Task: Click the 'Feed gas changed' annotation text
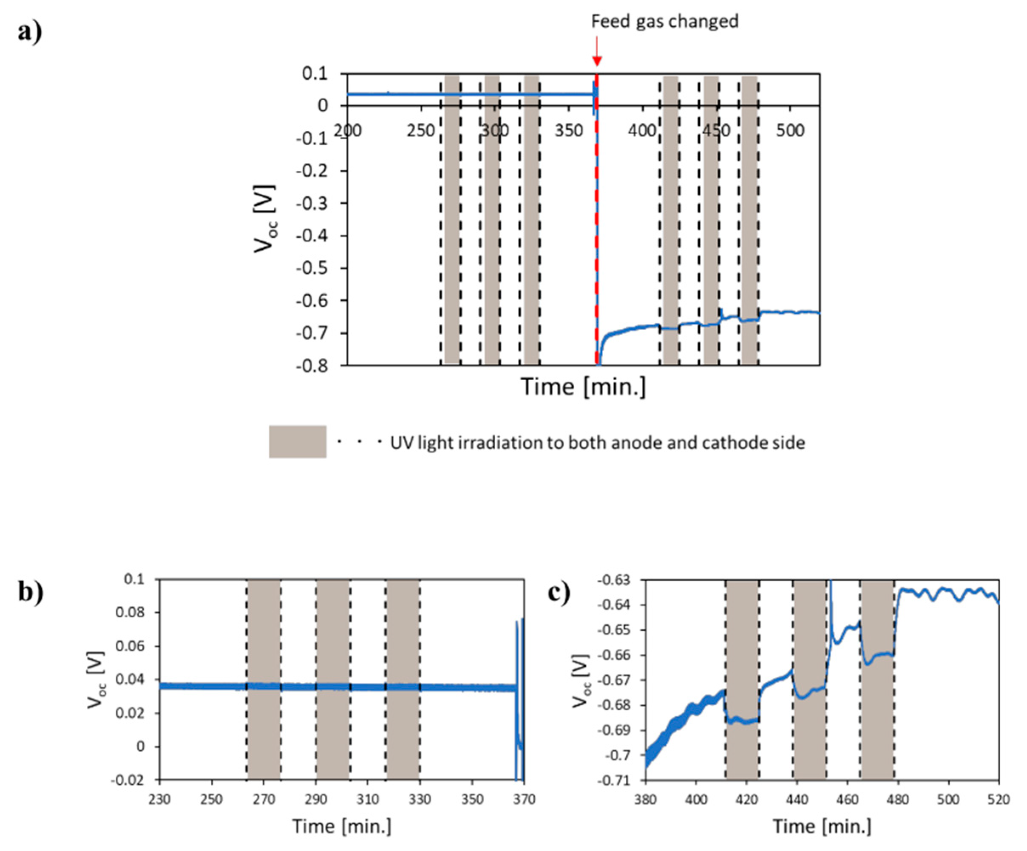click(x=664, y=22)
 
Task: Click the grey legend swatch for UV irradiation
click(x=297, y=441)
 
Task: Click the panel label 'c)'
click(x=559, y=593)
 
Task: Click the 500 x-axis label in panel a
click(x=790, y=131)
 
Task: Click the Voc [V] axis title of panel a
click(x=264, y=218)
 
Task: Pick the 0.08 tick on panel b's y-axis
click(x=131, y=613)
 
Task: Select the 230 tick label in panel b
click(x=159, y=800)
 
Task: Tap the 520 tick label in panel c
click(x=998, y=800)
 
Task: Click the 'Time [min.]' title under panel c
click(x=822, y=826)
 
